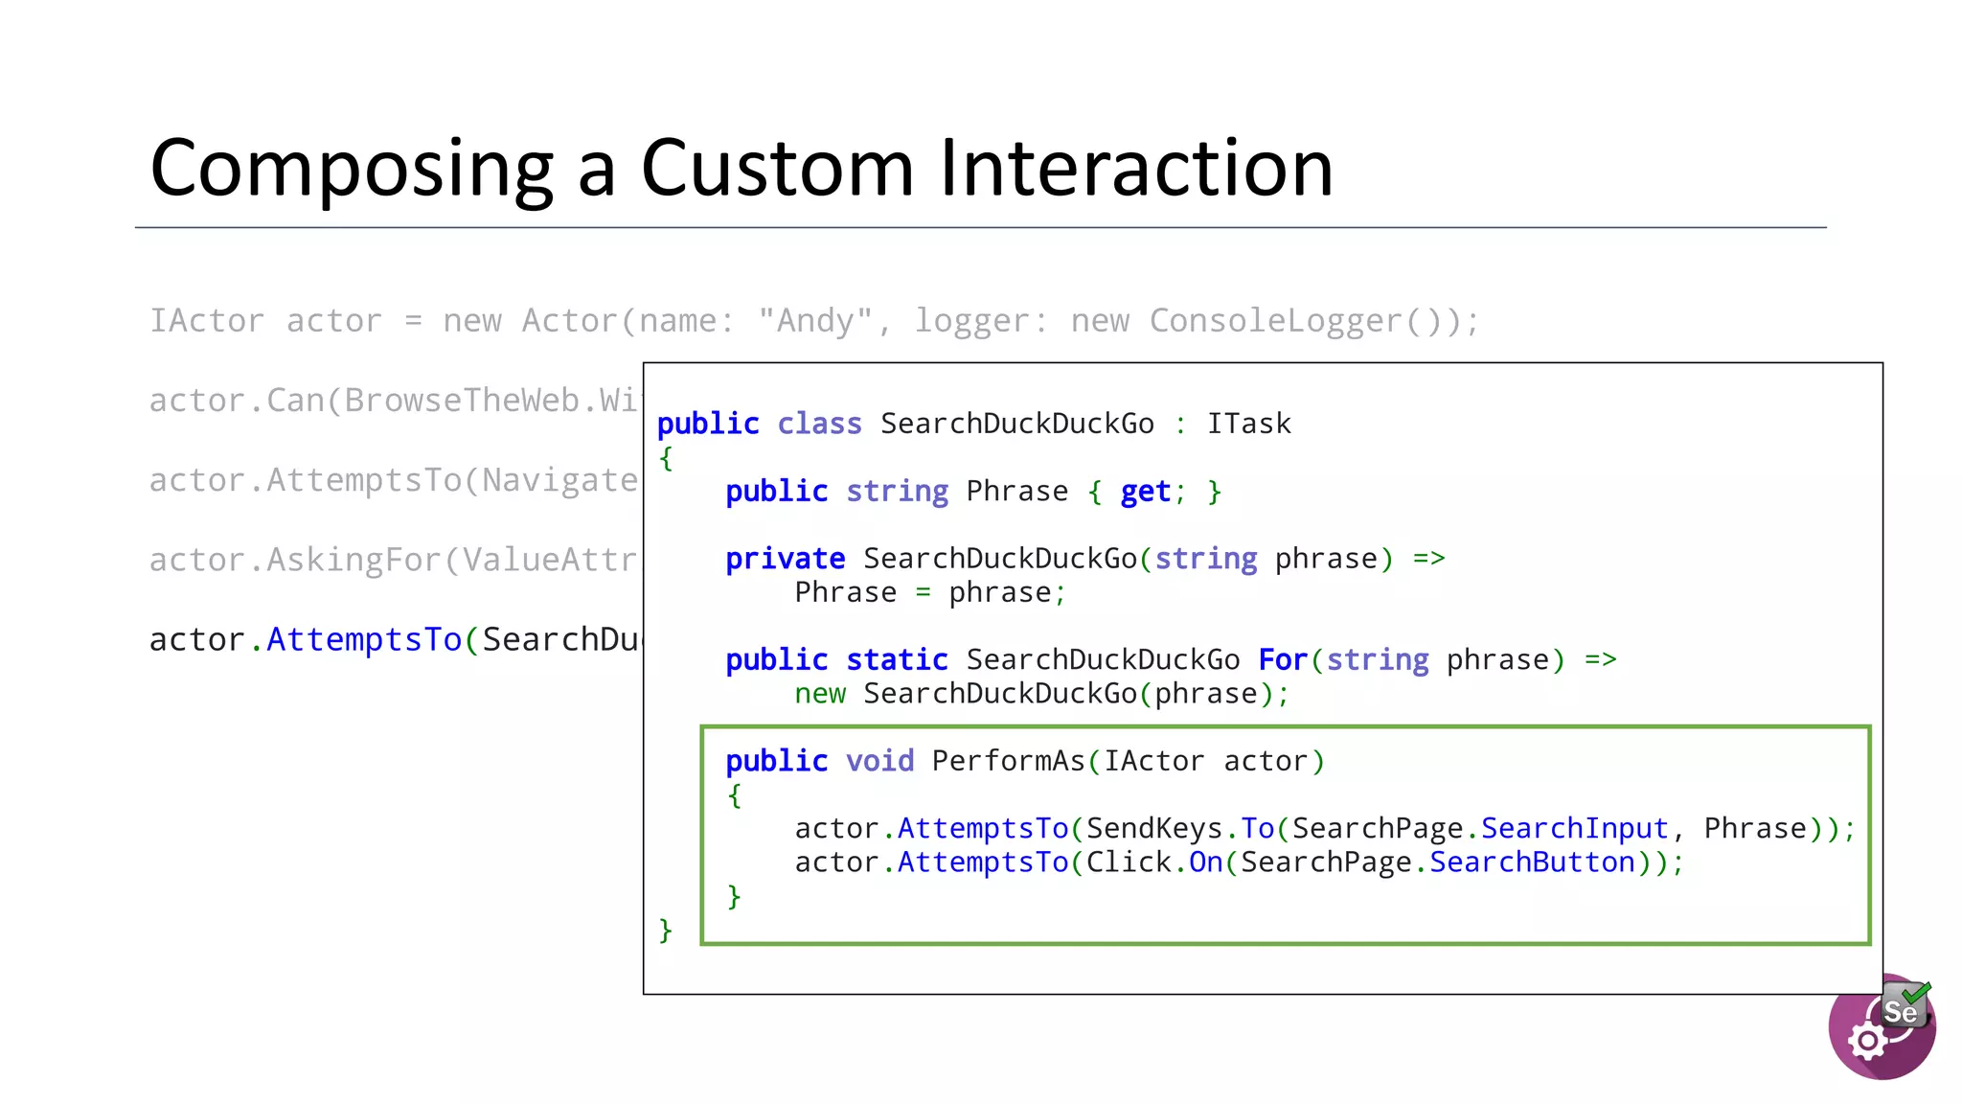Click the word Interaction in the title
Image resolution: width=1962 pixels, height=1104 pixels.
1136,168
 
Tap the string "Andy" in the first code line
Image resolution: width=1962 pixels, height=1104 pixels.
815,321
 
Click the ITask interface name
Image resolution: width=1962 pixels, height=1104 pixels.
1248,424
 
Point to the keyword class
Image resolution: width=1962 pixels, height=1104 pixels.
819,424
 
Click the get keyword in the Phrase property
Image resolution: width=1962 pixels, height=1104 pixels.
1145,492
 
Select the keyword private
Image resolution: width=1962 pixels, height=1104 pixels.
785,559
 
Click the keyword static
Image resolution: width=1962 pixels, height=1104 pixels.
897,660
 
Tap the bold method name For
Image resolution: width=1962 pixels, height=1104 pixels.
1283,660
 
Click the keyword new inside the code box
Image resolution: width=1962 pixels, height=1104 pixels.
820,694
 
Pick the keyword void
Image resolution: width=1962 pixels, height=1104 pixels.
879,761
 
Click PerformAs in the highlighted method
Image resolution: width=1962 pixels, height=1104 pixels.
1008,761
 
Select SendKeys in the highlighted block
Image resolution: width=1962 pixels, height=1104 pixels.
1154,829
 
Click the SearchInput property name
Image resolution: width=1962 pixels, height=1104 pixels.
1574,829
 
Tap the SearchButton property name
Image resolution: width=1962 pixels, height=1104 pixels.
1531,862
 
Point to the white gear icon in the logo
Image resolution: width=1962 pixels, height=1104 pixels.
1867,1041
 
